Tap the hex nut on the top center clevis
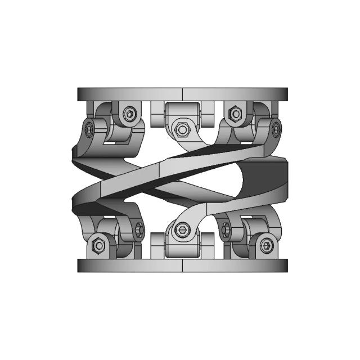click(182, 129)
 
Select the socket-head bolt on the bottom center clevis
click(181, 229)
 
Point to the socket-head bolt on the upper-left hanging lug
click(130, 115)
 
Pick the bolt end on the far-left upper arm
click(89, 130)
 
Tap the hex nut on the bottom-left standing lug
click(98, 245)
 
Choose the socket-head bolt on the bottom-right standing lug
click(267, 245)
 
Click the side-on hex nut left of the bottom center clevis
click(139, 229)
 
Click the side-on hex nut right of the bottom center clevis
click(226, 229)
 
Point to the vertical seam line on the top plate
click(183, 94)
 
